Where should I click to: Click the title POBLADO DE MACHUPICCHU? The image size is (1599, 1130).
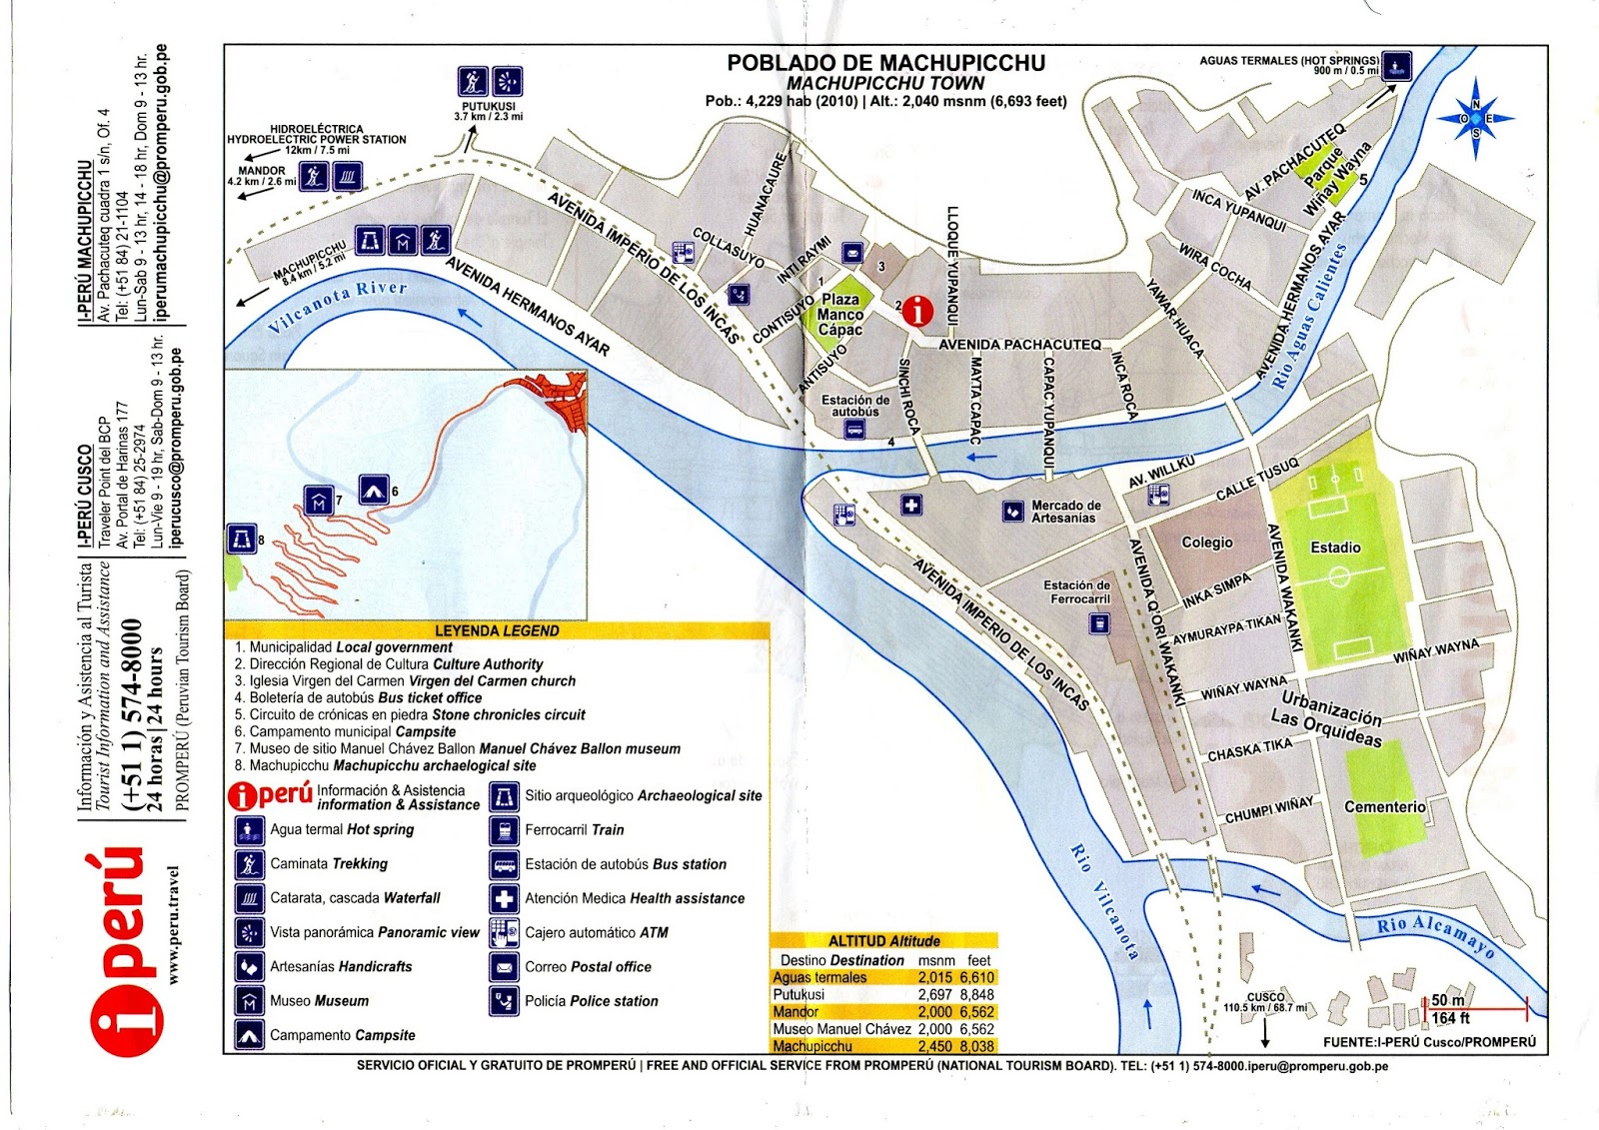point(885,63)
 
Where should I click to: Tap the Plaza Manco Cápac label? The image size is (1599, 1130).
point(839,315)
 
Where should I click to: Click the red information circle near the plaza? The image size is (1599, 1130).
point(917,312)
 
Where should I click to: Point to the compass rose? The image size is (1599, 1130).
point(1476,119)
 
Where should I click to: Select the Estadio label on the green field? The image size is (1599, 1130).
point(1335,548)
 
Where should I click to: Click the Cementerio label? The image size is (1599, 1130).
point(1384,806)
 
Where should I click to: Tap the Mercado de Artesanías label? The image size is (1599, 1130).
point(1065,512)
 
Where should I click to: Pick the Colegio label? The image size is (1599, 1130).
point(1207,543)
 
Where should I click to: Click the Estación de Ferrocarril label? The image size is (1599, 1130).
point(1076,592)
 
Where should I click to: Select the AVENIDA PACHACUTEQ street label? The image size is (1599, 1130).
point(1019,345)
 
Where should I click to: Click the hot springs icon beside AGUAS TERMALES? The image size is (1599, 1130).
point(1396,66)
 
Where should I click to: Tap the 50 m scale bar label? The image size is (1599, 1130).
point(1447,1000)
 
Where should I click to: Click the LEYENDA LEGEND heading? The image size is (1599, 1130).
point(497,631)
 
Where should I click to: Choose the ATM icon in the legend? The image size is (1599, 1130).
point(504,932)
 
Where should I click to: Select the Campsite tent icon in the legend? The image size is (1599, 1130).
point(249,1035)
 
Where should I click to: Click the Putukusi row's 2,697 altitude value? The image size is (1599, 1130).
point(934,995)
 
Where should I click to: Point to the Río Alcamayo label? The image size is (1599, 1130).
point(1435,936)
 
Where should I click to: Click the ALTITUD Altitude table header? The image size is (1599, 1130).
point(883,941)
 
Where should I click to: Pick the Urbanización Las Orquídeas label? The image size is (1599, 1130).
point(1328,718)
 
